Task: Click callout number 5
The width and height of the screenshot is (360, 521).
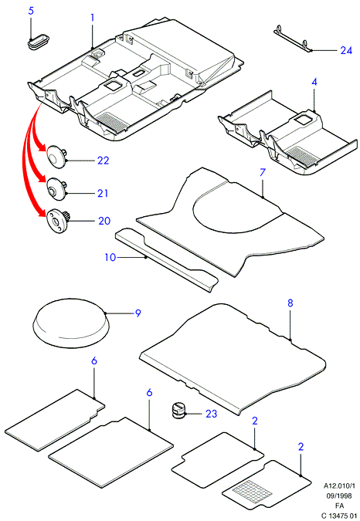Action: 31,11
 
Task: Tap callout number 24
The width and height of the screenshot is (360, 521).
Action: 346,50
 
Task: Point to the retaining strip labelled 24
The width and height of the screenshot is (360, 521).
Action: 293,38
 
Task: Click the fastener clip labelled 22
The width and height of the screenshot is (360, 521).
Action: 57,157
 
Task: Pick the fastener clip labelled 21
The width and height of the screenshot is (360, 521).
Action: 57,189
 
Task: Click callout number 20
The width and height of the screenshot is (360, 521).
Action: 104,221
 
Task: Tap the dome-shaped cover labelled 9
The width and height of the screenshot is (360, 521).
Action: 71,323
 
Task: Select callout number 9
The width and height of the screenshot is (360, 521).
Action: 138,313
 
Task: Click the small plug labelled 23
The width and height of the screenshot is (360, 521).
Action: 178,411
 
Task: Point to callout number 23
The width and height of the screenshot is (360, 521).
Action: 211,414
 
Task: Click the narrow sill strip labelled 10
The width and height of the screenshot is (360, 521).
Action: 167,260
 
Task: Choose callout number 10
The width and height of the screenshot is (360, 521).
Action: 110,257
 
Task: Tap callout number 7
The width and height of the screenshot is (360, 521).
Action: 263,172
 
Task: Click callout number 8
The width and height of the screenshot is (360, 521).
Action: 290,303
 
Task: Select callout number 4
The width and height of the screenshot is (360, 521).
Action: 314,82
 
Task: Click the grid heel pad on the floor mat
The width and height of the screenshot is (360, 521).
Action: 252,488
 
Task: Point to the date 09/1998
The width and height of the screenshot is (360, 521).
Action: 339,496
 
